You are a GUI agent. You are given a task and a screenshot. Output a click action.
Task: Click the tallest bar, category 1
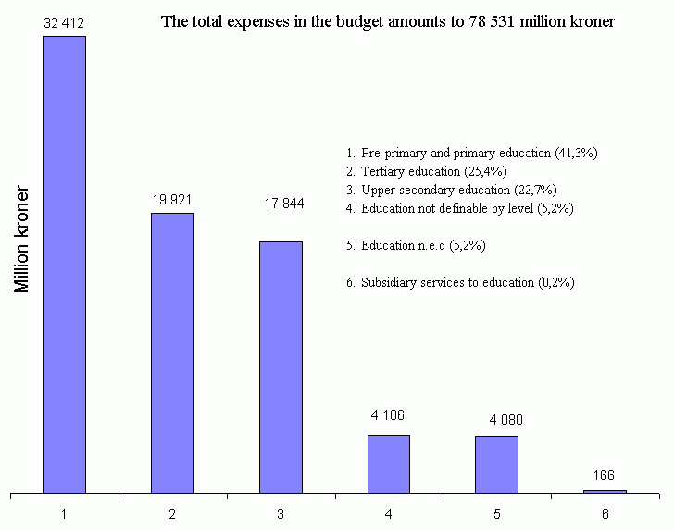pos(64,265)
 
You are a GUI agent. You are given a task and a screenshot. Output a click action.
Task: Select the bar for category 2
pos(172,352)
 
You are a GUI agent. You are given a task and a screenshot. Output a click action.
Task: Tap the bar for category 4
pos(388,463)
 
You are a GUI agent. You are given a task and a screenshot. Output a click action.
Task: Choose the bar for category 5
pos(496,464)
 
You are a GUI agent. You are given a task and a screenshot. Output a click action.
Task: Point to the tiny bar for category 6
pos(605,491)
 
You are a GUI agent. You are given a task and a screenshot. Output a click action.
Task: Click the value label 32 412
pos(64,19)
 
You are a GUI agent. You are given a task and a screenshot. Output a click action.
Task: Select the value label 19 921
pos(172,199)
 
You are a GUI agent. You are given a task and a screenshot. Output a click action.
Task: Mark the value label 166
pos(605,475)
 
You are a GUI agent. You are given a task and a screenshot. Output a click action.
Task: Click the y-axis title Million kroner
pos(23,240)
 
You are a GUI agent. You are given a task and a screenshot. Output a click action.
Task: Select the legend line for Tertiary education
pos(427,171)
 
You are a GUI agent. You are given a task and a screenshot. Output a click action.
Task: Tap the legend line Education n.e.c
pos(416,246)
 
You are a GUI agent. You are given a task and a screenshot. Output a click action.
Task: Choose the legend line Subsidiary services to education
pos(460,283)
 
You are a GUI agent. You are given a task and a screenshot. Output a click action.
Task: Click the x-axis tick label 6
pos(605,512)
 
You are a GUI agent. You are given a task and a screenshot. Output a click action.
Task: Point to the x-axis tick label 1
pos(64,512)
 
